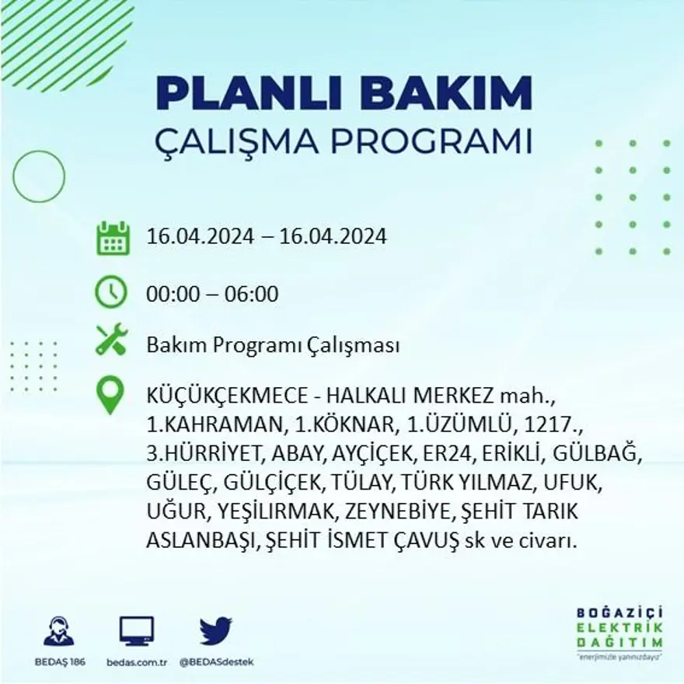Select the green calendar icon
pos(113,238)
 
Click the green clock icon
pos(111,292)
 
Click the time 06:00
pos(251,295)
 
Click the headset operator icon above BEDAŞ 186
pos(59,631)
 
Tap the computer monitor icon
pos(137,630)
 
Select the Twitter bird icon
pos(215,630)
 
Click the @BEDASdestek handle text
pos(217,661)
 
